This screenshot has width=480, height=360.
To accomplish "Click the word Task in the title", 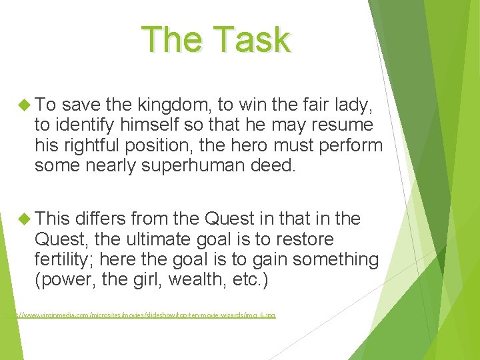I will coord(256,39).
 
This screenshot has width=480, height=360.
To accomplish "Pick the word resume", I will coord(343,125).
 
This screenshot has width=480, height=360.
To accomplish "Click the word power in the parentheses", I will coord(65,279).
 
